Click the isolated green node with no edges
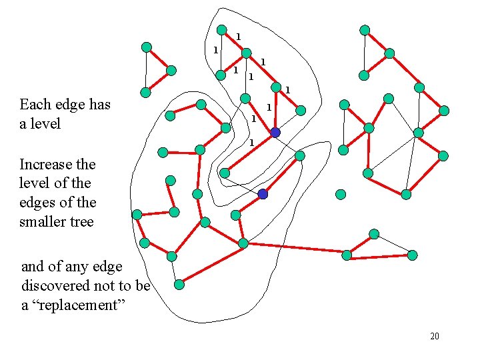(341, 195)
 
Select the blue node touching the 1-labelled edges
(275, 133)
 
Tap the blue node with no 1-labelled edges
(263, 194)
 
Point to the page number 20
(435, 336)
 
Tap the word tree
(81, 221)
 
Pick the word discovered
(56, 285)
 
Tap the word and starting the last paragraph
(32, 267)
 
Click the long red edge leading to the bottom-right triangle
(295, 248)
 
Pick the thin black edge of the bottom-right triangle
(393, 245)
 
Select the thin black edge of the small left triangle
(146, 70)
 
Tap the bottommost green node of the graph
(179, 285)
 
